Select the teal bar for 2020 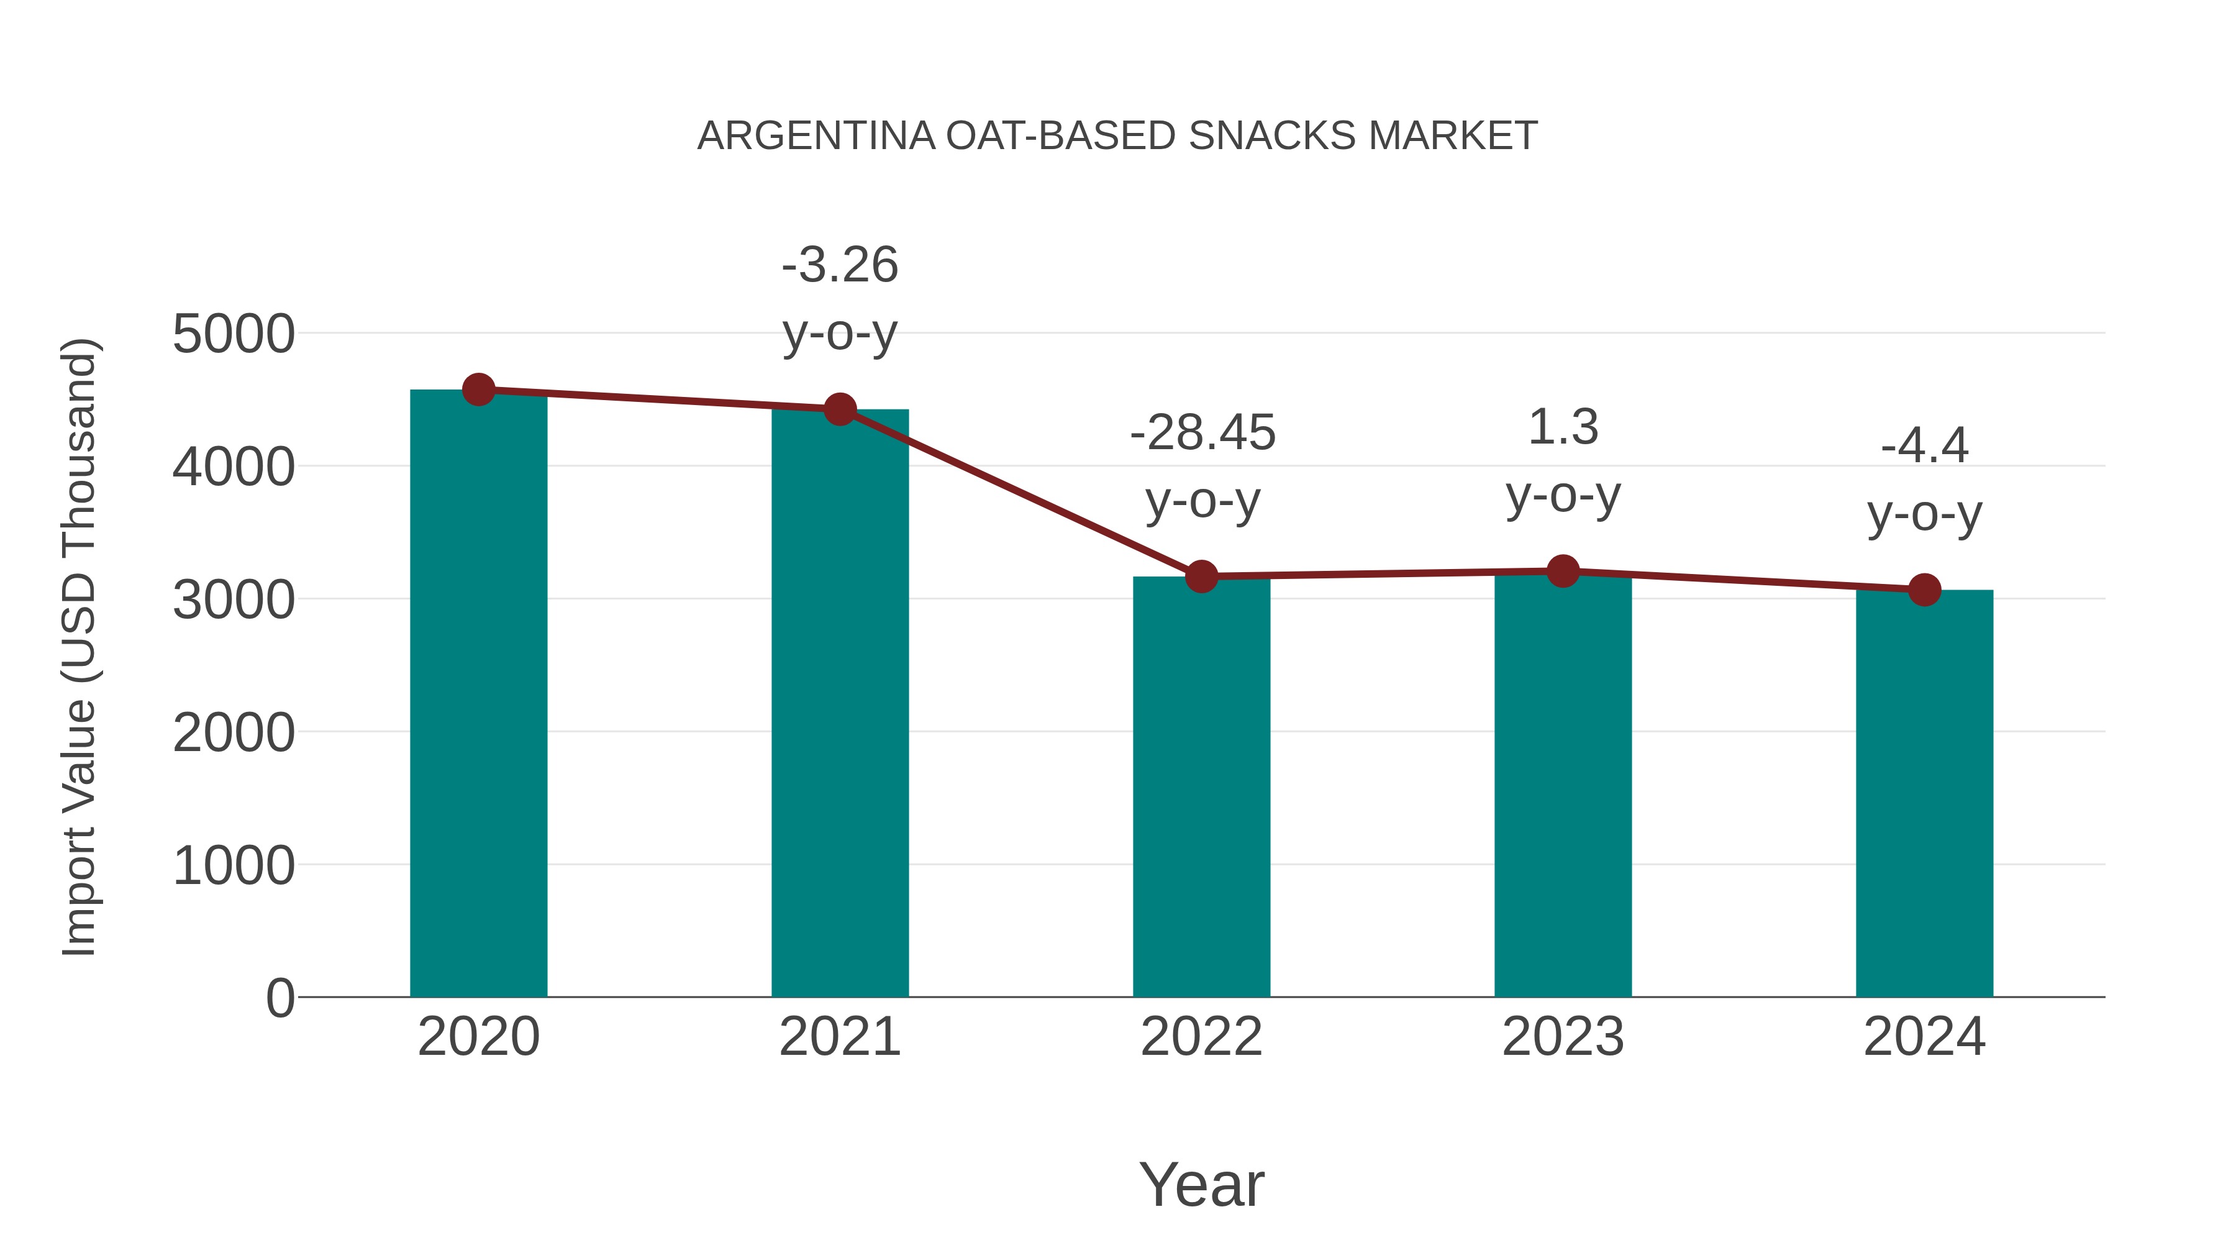tap(478, 695)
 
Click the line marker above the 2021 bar tap(839, 409)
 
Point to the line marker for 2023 tap(1563, 572)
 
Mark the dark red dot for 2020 tap(478, 390)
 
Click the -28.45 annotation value tap(1202, 432)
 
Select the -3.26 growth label tap(839, 265)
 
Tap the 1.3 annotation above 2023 tap(1563, 427)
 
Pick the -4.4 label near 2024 tap(1924, 446)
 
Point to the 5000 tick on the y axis tap(234, 334)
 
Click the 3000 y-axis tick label tap(234, 600)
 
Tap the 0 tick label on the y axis tap(279, 998)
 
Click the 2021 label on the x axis tap(839, 1037)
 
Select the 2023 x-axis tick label tap(1563, 1037)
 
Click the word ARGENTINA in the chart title tap(816, 136)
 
